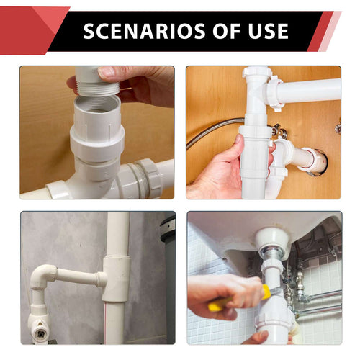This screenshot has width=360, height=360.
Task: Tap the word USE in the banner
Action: coord(269,31)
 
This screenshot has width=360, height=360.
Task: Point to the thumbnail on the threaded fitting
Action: coord(107,71)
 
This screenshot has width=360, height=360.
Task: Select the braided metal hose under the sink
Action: coord(214,131)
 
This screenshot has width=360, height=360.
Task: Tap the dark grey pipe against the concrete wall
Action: coord(168,276)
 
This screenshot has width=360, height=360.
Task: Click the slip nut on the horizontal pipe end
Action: coord(276,93)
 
